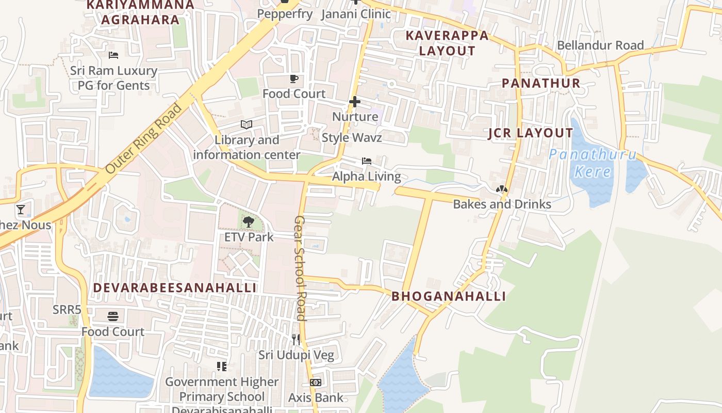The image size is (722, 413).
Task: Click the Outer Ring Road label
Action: coord(144,138)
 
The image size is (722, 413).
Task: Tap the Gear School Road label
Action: coord(300,268)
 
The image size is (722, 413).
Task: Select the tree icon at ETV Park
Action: coord(249,222)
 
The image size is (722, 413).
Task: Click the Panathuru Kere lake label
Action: coord(593,163)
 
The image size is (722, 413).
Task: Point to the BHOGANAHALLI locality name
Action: coord(448,296)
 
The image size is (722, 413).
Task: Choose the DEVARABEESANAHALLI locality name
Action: coord(174,288)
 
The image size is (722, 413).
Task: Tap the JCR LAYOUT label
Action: coord(530,133)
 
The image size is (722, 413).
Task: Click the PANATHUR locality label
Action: coord(541,83)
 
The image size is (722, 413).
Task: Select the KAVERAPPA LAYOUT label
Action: coord(447,43)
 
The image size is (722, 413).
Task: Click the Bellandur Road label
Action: coord(600,45)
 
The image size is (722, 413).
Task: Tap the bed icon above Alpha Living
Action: coord(367,161)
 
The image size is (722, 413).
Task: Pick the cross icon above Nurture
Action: coord(355,102)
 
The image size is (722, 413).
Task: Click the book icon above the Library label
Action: coord(247,124)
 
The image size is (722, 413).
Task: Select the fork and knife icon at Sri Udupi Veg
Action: coord(296,339)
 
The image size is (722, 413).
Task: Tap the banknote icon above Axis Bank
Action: coord(316,383)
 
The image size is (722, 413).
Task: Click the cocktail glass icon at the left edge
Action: coord(21,209)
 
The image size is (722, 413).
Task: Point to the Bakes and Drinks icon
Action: coord(501,189)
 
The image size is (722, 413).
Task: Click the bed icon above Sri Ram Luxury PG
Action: coord(113,55)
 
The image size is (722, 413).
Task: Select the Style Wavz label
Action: coord(352,138)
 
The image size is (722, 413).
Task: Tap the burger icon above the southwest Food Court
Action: coord(113,316)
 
